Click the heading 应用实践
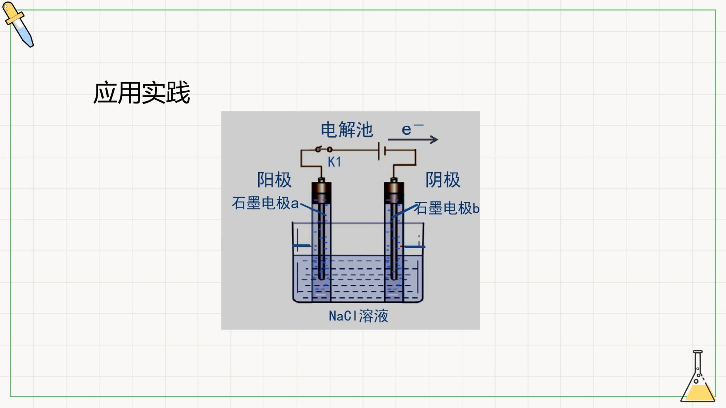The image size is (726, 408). coord(141,93)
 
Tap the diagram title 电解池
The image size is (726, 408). coord(347,130)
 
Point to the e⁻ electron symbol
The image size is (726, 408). coord(413,129)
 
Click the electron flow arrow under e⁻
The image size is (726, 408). coord(413,139)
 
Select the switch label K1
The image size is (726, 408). coord(334,162)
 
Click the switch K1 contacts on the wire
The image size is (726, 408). coord(324,149)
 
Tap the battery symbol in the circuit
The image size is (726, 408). coord(382,151)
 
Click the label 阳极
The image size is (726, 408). coord(275,180)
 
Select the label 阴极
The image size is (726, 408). coord(443,180)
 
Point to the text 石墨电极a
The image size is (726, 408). coord(265,203)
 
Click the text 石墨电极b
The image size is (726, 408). coord(447,208)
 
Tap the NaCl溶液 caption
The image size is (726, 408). coord(358,316)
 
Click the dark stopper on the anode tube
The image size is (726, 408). coord(321,192)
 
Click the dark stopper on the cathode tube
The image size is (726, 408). coord(394,192)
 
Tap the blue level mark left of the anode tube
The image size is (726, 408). coord(301,246)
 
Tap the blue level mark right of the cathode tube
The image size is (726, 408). coord(414,247)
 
